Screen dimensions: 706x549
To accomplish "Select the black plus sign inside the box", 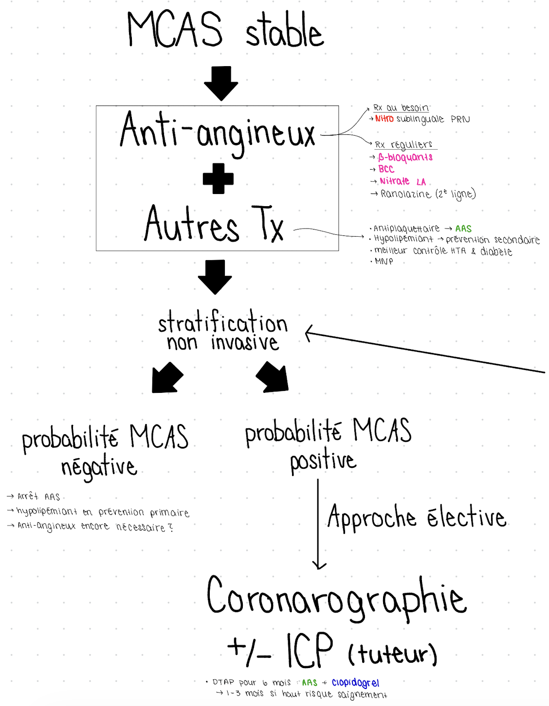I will (x=218, y=178).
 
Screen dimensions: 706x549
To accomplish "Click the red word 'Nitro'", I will (x=384, y=119).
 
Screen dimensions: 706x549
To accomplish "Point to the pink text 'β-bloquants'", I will (x=405, y=157).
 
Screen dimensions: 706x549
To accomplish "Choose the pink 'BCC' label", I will (x=386, y=169).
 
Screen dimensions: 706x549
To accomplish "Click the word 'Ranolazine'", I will (x=405, y=194).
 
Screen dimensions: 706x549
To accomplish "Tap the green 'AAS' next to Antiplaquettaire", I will (x=463, y=229).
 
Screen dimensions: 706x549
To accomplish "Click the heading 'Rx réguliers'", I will (x=403, y=144).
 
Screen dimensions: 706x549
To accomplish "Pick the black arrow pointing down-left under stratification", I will (x=166, y=378).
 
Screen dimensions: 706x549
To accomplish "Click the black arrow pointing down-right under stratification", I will (x=273, y=377).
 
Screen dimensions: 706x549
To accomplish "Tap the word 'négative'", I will (x=99, y=467).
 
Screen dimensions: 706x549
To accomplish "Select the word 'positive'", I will (x=323, y=461).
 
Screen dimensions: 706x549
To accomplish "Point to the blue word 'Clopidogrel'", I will (x=355, y=683).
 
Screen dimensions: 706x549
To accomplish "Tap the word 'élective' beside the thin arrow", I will (x=467, y=517).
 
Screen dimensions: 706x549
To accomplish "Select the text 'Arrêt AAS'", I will (x=38, y=496).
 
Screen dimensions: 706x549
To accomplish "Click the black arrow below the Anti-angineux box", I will (x=215, y=276).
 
